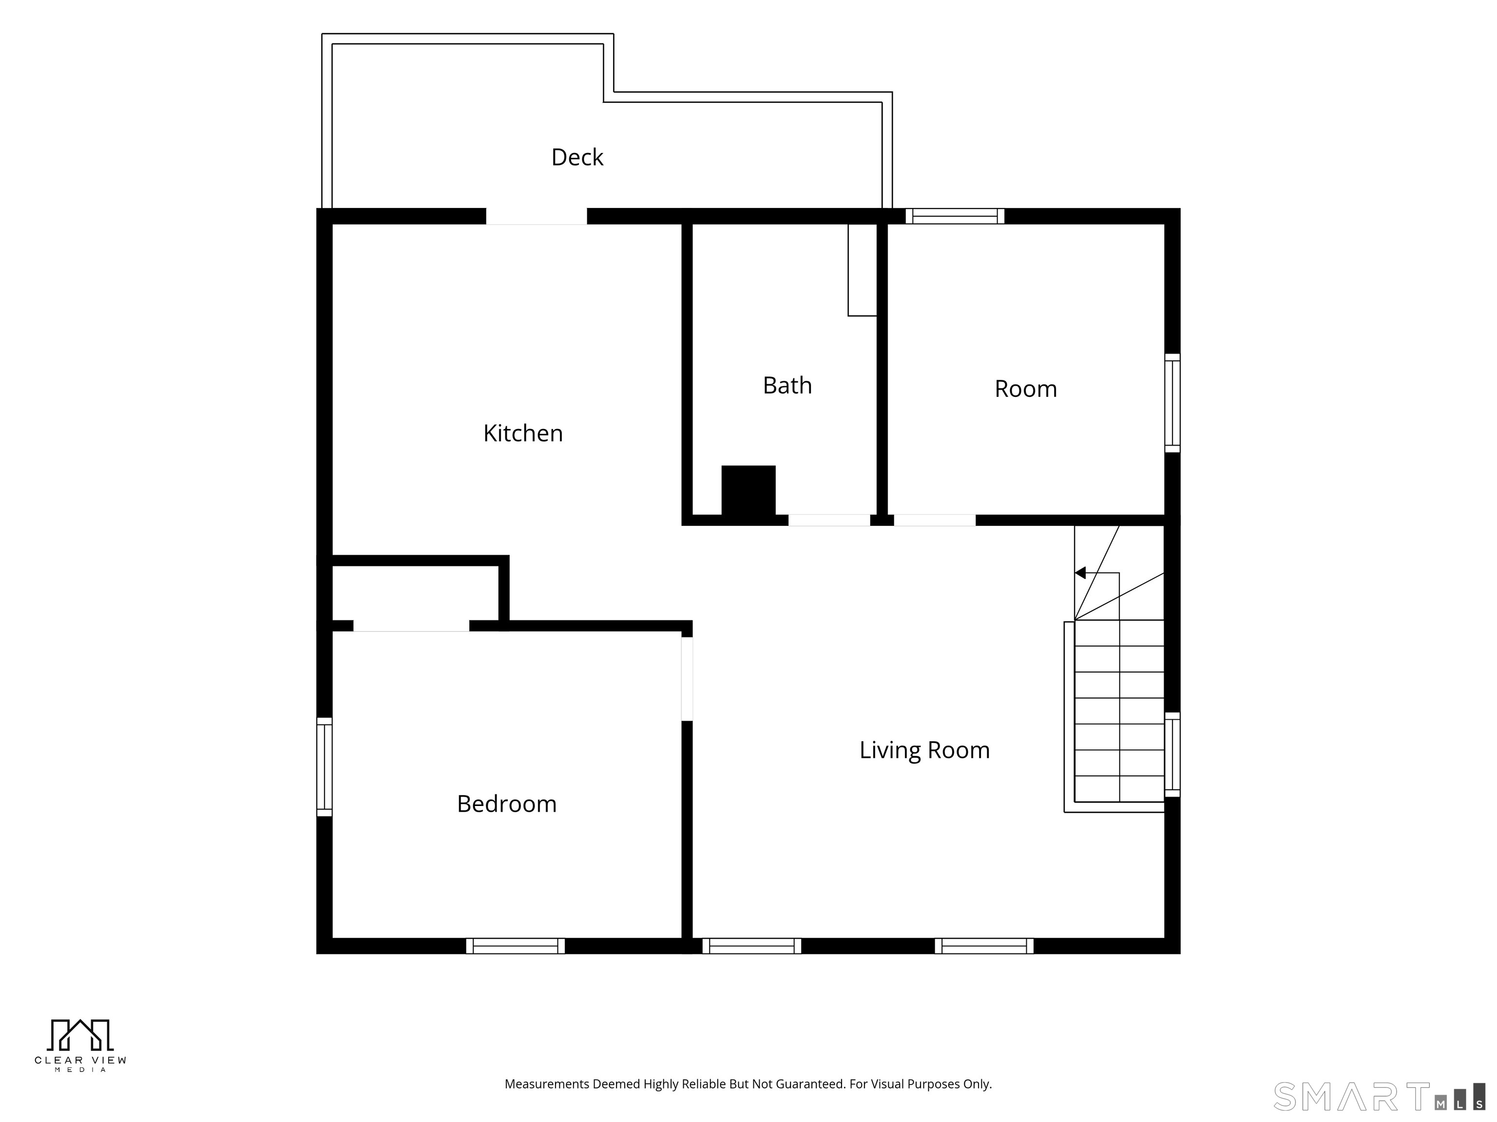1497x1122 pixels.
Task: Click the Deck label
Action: click(x=577, y=157)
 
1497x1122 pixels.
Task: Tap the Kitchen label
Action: click(x=523, y=433)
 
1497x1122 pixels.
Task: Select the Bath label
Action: click(x=787, y=386)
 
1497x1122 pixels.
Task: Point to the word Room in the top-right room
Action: click(x=1025, y=389)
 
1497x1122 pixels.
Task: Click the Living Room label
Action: click(x=924, y=750)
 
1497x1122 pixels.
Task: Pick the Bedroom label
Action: click(x=507, y=804)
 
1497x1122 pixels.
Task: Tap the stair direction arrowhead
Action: click(x=1080, y=573)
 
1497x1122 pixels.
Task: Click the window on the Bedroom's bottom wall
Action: click(x=515, y=946)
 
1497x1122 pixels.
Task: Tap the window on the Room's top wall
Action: click(x=955, y=216)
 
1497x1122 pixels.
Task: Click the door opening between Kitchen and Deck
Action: click(x=537, y=216)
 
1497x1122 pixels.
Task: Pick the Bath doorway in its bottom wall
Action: click(x=829, y=520)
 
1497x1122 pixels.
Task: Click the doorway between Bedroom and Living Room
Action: click(x=687, y=679)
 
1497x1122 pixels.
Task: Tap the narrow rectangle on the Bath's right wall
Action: click(x=862, y=270)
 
